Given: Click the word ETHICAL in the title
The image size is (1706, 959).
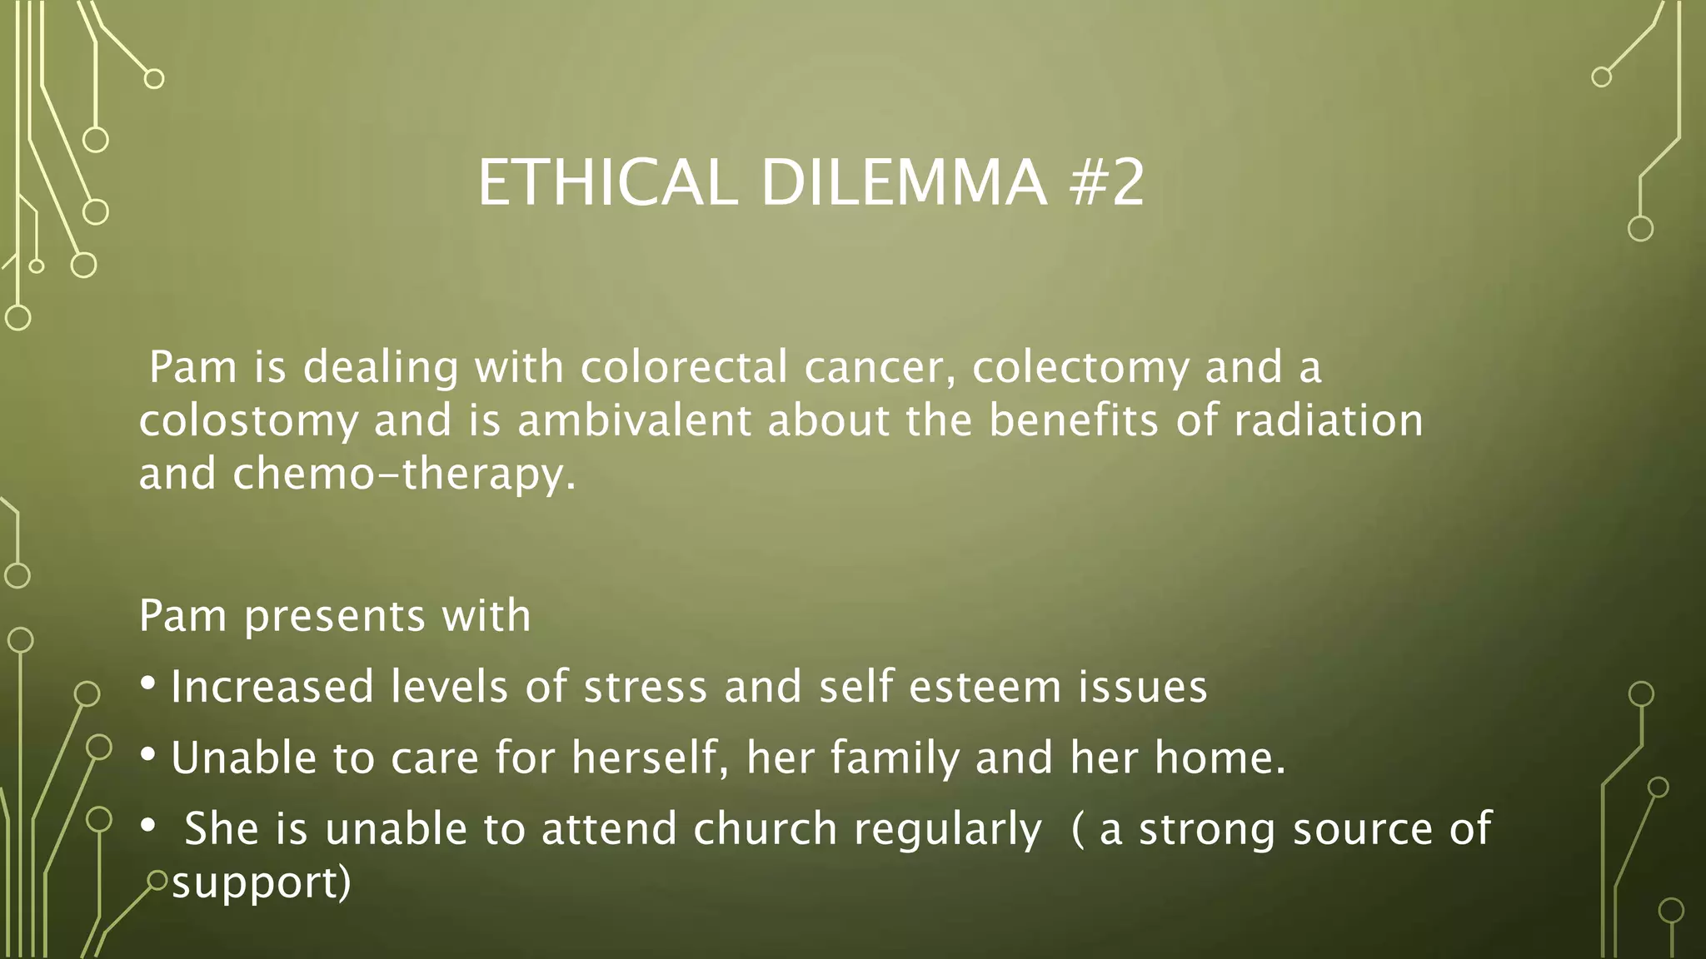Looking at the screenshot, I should (607, 183).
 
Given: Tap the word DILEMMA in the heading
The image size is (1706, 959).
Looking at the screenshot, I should (904, 183).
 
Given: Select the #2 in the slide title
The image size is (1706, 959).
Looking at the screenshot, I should (1107, 183).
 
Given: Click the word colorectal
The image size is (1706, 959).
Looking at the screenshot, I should (684, 368).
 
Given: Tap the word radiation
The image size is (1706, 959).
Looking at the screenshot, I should (1328, 420).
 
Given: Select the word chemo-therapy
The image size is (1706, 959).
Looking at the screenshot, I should (404, 475).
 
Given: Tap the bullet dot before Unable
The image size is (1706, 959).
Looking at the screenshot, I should (148, 754).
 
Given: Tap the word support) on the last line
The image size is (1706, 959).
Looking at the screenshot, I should (262, 884).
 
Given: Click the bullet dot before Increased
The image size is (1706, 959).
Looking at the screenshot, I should (148, 683).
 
